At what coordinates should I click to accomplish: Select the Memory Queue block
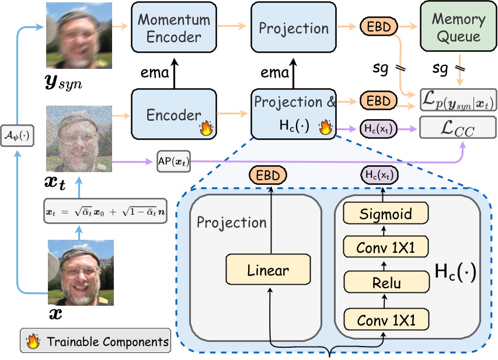coord(458,28)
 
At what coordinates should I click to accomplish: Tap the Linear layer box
coord(268,271)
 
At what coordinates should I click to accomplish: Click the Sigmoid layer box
coord(385,214)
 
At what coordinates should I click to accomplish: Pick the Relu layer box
coord(385,284)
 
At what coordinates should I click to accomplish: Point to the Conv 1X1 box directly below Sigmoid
coord(385,249)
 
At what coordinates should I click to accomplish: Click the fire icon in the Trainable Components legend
coord(34,341)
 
